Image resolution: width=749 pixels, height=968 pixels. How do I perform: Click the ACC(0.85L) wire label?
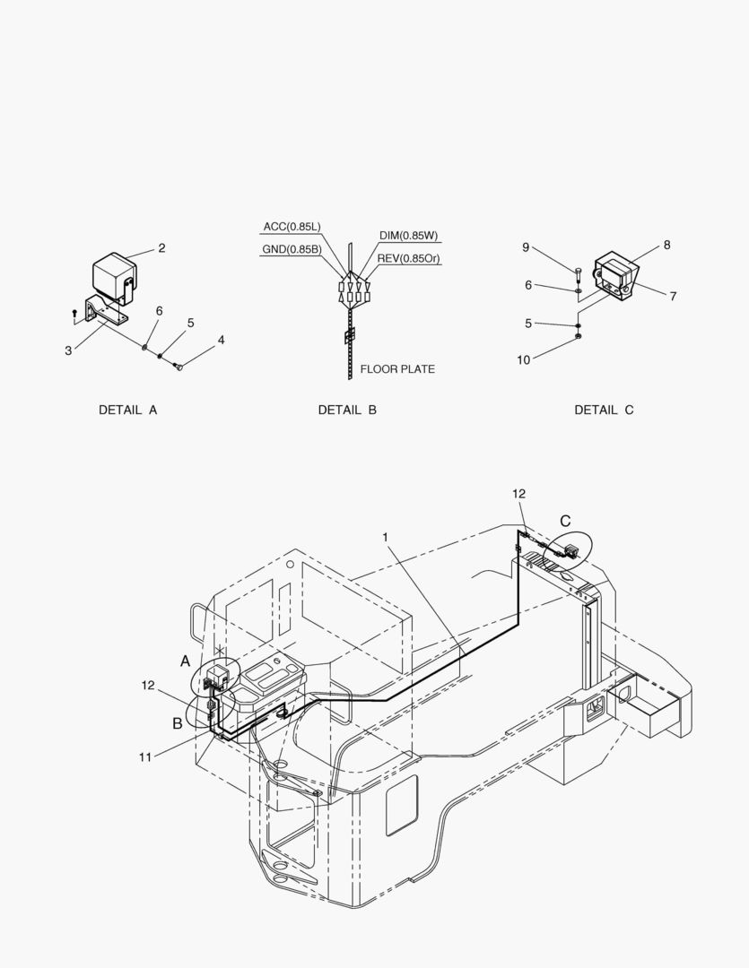tap(292, 227)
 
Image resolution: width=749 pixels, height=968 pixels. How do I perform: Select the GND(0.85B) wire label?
tap(292, 249)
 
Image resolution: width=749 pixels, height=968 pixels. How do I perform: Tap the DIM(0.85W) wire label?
tap(408, 235)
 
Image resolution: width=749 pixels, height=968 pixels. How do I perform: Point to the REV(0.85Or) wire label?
tap(409, 258)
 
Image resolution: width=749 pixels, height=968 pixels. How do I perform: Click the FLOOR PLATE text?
tap(397, 369)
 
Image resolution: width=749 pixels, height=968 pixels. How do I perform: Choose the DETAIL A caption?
tap(128, 410)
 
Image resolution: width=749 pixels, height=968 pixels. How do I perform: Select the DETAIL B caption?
tap(347, 410)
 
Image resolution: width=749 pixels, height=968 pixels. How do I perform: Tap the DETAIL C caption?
tap(604, 410)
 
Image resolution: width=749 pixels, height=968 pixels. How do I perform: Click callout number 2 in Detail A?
tap(162, 248)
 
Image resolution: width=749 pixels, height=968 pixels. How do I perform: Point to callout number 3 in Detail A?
tap(68, 350)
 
